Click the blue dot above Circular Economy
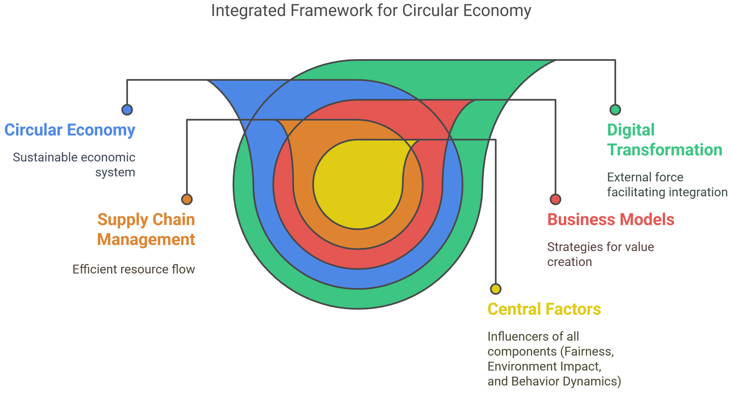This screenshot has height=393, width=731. tap(127, 110)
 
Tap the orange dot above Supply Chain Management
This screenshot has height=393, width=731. tap(187, 199)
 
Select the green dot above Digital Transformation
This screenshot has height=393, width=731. tap(615, 110)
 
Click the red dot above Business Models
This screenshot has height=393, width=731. tap(555, 199)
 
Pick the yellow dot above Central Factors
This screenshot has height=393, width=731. tap(495, 289)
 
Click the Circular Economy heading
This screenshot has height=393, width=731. tap(70, 130)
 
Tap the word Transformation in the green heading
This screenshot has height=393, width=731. tap(665, 150)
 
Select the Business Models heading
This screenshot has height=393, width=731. tap(610, 220)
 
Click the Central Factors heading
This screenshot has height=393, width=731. tap(544, 309)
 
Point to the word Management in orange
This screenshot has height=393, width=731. tap(146, 240)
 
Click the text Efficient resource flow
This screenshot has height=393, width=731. tap(134, 269)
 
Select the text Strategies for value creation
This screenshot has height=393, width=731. tap(600, 254)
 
